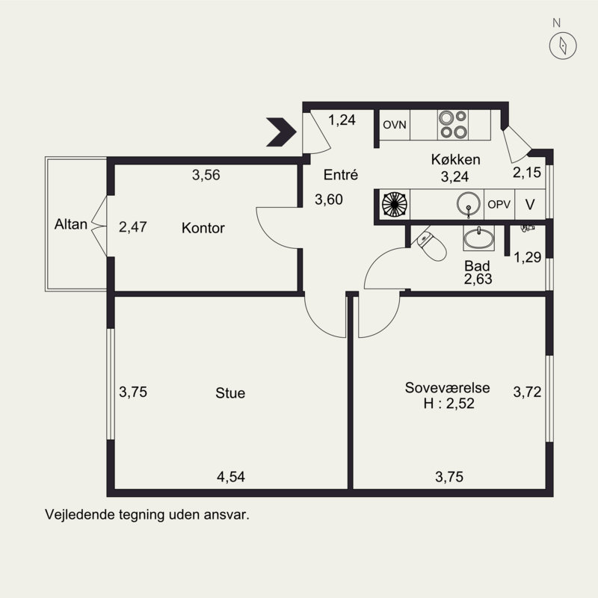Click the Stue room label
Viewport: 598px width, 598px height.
point(230,393)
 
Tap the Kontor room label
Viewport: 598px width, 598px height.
point(203,228)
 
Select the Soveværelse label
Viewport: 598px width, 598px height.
point(447,387)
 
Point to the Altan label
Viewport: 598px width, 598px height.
point(71,224)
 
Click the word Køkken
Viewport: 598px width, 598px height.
point(456,159)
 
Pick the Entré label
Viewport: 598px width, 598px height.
point(341,175)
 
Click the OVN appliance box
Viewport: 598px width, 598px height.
point(395,125)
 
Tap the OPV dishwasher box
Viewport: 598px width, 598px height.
point(499,204)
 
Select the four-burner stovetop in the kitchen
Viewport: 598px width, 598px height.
point(453,124)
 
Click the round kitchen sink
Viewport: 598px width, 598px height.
point(469,203)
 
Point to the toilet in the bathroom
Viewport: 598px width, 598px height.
point(431,246)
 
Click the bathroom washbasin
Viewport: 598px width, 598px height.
point(478,238)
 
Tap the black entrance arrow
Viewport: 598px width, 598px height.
point(281,132)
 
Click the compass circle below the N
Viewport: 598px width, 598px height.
point(563,46)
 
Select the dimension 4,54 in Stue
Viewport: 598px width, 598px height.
point(231,477)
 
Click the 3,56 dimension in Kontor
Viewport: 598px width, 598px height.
point(206,175)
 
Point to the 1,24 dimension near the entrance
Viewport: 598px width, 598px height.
point(342,120)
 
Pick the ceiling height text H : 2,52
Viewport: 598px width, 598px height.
point(449,403)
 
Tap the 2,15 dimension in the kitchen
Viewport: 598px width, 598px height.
point(527,173)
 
